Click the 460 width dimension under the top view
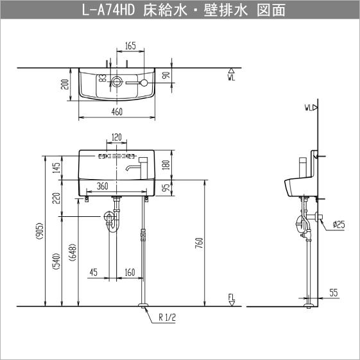click(117, 112)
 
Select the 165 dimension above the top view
click(130, 46)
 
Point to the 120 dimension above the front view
click(116, 137)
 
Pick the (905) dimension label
click(40, 234)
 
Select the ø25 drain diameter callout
click(339, 224)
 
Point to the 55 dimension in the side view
click(333, 293)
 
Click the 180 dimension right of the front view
click(166, 165)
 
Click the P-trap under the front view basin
click(112, 220)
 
